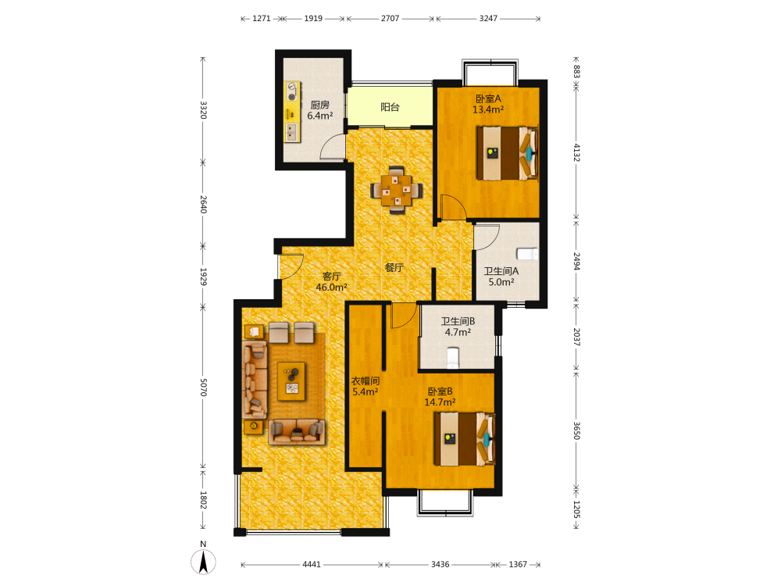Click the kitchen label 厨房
point(319,105)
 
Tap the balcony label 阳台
point(390,106)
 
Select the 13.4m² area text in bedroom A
point(487,109)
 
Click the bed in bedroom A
point(507,153)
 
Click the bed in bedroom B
point(464,438)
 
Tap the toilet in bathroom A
point(527,254)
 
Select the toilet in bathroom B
point(452,359)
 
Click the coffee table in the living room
point(291,381)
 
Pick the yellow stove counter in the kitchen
point(292,112)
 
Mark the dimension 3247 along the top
point(488,19)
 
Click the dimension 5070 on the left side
point(203,388)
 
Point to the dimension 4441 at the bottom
point(312,564)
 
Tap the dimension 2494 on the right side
point(576,261)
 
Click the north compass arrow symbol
point(203,562)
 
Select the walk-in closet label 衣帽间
point(365,381)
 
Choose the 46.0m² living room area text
point(331,288)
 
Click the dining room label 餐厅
point(394,267)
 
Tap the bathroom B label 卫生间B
point(458,321)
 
